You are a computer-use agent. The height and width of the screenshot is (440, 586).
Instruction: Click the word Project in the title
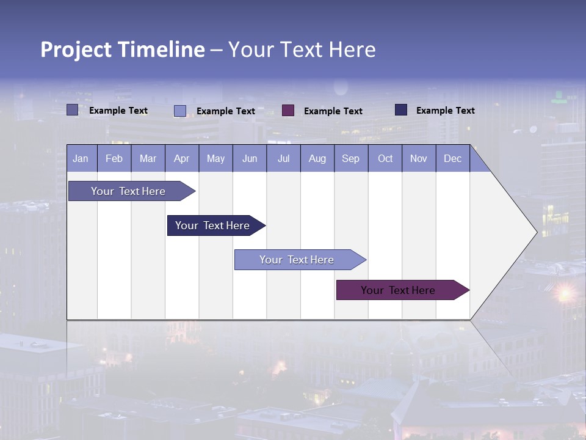pyautogui.click(x=76, y=50)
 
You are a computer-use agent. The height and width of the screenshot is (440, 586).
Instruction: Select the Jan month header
pyautogui.click(x=81, y=159)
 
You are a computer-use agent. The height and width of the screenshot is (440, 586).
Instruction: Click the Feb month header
pyautogui.click(x=114, y=159)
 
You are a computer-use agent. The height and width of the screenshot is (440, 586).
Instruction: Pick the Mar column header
pyautogui.click(x=148, y=159)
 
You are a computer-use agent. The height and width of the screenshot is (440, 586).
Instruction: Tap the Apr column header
pyautogui.click(x=182, y=159)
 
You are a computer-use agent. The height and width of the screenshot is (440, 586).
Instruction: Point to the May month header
pyautogui.click(x=215, y=159)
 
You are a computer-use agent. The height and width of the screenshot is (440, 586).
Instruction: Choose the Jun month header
pyautogui.click(x=250, y=159)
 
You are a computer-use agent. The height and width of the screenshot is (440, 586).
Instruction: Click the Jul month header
pyautogui.click(x=283, y=159)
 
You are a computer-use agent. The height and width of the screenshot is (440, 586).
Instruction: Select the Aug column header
pyautogui.click(x=317, y=159)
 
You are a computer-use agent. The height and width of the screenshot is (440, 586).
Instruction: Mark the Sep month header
pyautogui.click(x=351, y=159)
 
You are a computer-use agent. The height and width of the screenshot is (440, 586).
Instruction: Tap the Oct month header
pyautogui.click(x=385, y=159)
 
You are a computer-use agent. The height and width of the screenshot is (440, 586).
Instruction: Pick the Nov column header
pyautogui.click(x=419, y=159)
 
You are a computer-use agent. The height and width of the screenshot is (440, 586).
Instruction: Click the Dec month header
pyautogui.click(x=453, y=159)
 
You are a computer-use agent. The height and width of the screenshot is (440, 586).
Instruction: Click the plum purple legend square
pyautogui.click(x=288, y=111)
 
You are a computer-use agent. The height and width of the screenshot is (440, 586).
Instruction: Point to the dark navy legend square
pyautogui.click(x=401, y=110)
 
